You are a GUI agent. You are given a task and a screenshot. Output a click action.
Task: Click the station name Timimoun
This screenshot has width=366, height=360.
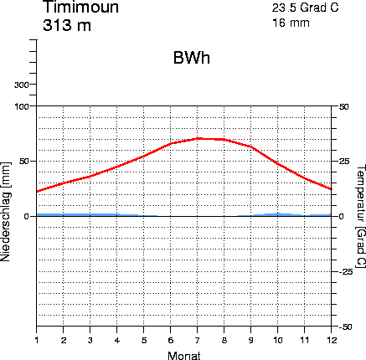(x=80, y=8)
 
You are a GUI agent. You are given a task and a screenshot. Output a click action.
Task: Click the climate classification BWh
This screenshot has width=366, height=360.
(x=191, y=59)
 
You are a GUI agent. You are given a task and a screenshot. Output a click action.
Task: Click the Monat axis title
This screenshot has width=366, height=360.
(x=184, y=354)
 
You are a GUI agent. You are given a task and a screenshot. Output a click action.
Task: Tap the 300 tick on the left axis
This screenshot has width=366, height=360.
(x=23, y=85)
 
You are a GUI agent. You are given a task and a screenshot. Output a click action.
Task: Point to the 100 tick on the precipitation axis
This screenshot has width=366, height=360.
(x=23, y=106)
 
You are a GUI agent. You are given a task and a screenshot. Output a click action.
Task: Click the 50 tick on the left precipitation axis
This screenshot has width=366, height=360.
(x=26, y=161)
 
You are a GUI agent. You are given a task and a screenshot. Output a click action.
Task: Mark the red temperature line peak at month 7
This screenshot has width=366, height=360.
(x=198, y=138)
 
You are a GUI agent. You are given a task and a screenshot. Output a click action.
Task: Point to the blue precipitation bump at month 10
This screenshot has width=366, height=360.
(x=278, y=214)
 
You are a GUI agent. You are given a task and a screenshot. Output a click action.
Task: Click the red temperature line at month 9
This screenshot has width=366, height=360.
(x=251, y=147)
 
